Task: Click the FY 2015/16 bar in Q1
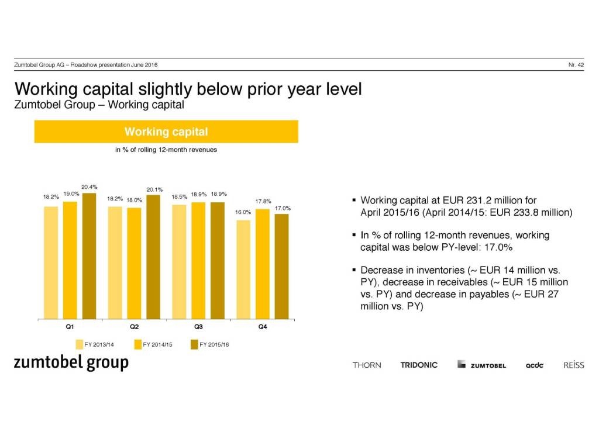click(x=89, y=255)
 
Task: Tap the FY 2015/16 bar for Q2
click(x=153, y=257)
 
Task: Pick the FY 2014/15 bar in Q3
click(x=198, y=260)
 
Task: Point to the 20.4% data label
click(x=89, y=187)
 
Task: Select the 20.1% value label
click(x=154, y=189)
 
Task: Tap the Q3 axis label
click(x=198, y=327)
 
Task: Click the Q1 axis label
click(x=70, y=327)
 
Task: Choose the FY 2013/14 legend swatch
click(x=79, y=344)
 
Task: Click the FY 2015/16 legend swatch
click(x=194, y=344)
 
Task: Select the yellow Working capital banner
click(x=166, y=132)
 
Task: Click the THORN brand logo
click(x=367, y=365)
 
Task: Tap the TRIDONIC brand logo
click(x=419, y=365)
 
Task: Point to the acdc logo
click(x=535, y=365)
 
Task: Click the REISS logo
click(x=573, y=365)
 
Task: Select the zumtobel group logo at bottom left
click(x=71, y=363)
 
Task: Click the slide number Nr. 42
click(x=576, y=64)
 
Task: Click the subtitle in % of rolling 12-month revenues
click(x=166, y=150)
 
